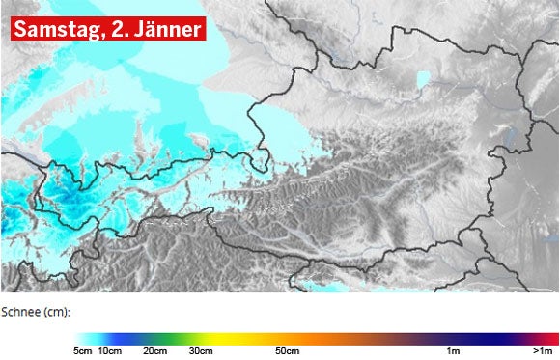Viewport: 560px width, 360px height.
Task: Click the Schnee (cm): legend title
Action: (37, 313)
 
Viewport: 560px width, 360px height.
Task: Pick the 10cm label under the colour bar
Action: (109, 350)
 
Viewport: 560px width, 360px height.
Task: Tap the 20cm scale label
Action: (154, 350)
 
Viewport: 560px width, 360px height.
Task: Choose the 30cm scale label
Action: (200, 350)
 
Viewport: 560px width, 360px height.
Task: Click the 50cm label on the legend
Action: (288, 350)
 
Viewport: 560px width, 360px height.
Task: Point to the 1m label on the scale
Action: (452, 350)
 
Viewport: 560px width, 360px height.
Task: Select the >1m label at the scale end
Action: (543, 350)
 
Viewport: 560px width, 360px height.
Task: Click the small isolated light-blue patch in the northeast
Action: (423, 79)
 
